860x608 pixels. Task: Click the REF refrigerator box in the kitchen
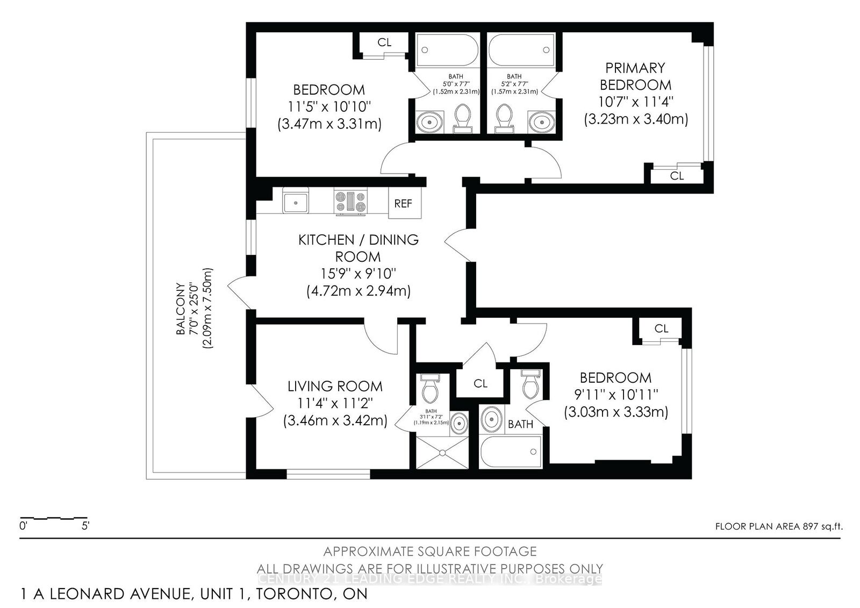coord(404,203)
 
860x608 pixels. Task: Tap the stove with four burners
coord(350,202)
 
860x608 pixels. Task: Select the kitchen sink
coord(295,202)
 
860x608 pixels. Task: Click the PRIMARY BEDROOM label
coord(635,76)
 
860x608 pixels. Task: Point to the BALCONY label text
coord(181,309)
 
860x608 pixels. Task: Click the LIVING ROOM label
coord(335,386)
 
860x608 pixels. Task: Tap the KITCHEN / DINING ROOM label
coord(358,248)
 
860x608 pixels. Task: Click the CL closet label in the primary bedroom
coord(677,176)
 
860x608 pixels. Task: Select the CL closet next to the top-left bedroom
coord(384,42)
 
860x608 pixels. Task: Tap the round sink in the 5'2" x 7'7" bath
coord(539,121)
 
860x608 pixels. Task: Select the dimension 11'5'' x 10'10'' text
coord(329,107)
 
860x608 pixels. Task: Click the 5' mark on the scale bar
coord(85,526)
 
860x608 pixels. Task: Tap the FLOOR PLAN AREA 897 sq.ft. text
coord(779,526)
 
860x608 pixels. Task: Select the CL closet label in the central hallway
coord(481,383)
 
